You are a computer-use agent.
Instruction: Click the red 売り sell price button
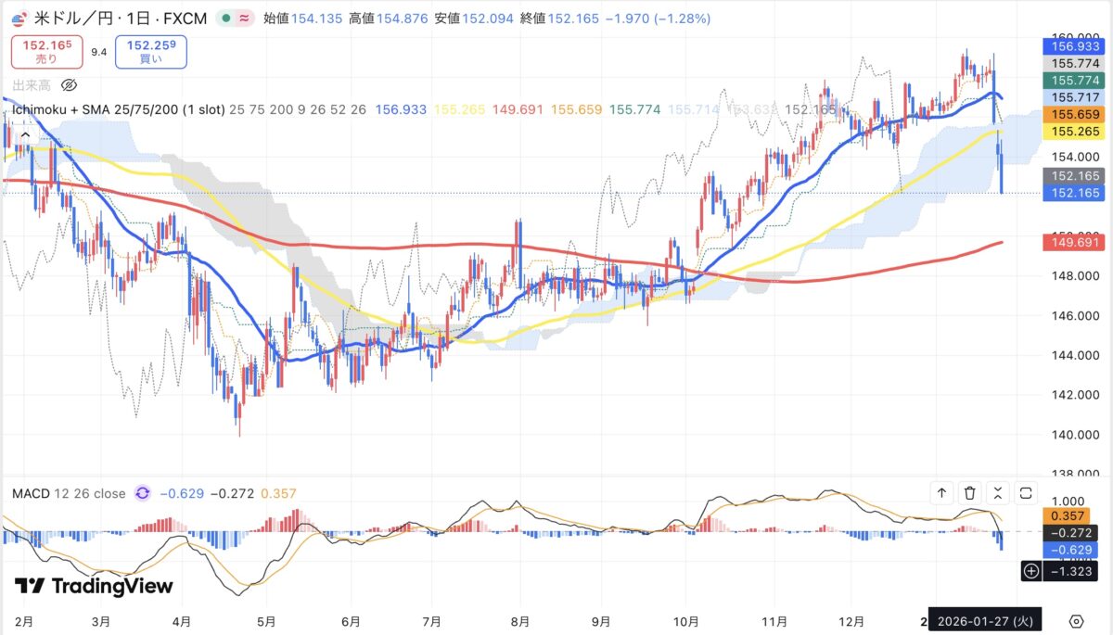pyautogui.click(x=45, y=52)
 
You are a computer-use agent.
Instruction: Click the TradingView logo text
pyautogui.click(x=94, y=586)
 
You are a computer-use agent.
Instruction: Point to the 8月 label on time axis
pyautogui.click(x=520, y=620)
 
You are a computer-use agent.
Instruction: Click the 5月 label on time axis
pyautogui.click(x=266, y=620)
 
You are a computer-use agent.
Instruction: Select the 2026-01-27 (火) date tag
pyautogui.click(x=986, y=620)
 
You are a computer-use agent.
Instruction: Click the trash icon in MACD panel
pyautogui.click(x=969, y=493)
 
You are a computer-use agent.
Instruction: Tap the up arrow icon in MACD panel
pyautogui.click(x=941, y=493)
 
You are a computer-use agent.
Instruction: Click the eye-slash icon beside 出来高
pyautogui.click(x=68, y=85)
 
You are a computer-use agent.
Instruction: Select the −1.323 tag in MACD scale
pyautogui.click(x=1071, y=572)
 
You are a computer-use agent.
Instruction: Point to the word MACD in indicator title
pyautogui.click(x=30, y=493)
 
